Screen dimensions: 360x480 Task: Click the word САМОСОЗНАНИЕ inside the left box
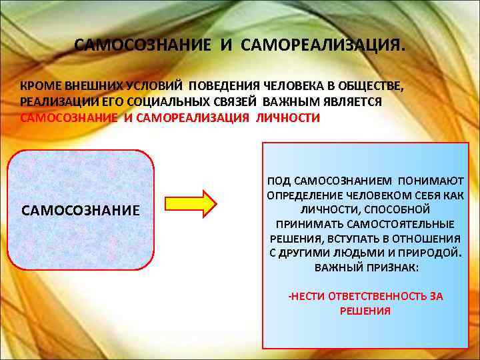coord(81,211)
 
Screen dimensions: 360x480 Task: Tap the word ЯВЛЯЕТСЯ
coord(351,102)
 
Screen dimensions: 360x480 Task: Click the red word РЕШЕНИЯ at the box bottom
coord(365,311)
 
